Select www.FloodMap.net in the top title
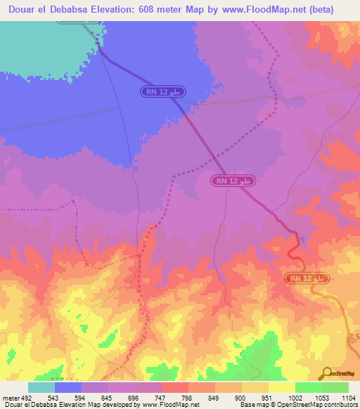(x=255, y=10)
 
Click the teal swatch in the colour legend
(x=41, y=388)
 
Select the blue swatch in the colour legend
(x=68, y=388)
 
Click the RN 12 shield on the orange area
(x=307, y=279)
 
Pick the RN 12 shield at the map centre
(x=233, y=181)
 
